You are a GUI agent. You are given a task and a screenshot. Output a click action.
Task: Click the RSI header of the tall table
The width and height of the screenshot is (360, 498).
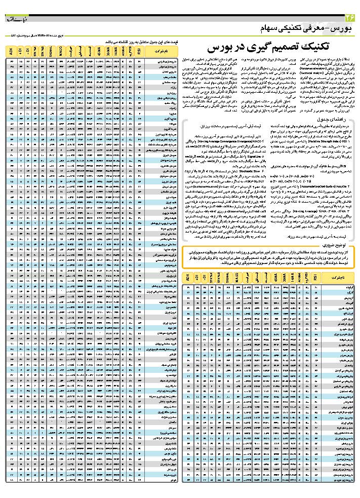click(139, 51)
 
